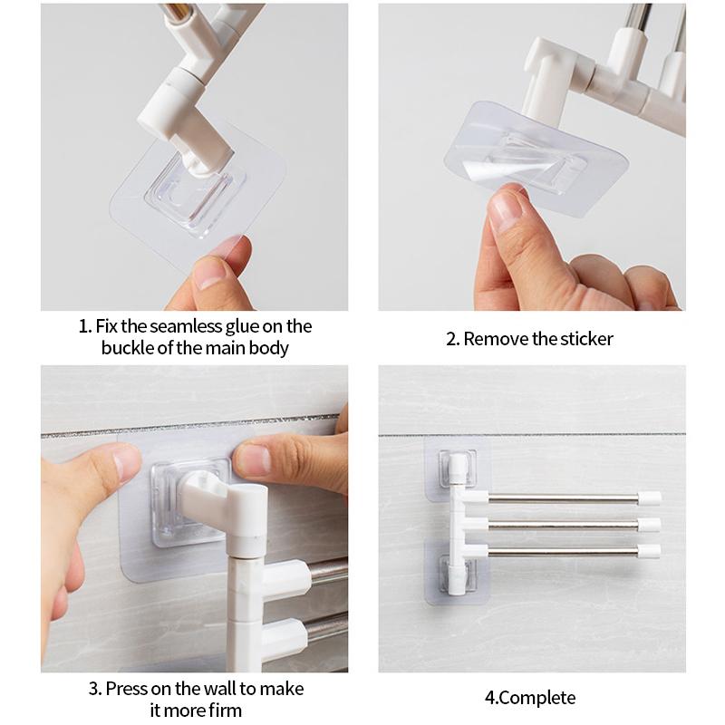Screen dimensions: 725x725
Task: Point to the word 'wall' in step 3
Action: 219,689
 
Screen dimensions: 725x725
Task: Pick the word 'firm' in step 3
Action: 225,710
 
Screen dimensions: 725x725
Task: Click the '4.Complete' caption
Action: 530,698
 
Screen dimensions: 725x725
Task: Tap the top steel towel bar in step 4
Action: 563,498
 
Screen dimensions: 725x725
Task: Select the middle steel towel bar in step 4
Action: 563,525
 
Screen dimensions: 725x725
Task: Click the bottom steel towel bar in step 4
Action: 563,551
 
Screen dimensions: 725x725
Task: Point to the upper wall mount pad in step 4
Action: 457,470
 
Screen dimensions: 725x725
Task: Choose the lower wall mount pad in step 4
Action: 457,572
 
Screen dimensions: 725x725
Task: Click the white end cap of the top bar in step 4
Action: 649,498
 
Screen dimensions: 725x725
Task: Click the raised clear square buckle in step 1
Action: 194,194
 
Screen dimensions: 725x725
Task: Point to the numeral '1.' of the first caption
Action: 84,326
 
